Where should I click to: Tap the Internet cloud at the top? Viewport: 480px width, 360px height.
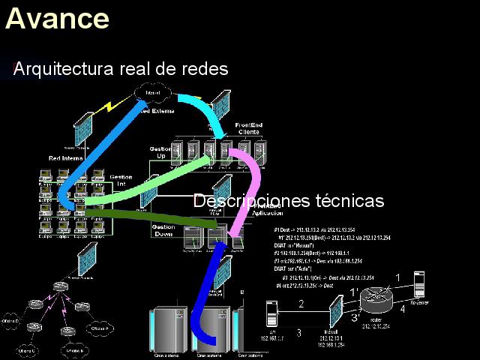(154, 93)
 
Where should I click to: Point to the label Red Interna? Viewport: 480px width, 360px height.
(65, 158)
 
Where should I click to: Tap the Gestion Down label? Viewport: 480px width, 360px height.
(163, 230)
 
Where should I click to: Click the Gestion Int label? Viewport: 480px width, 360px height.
(121, 180)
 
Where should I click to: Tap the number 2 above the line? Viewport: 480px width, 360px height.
(301, 304)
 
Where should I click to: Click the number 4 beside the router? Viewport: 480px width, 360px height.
(403, 308)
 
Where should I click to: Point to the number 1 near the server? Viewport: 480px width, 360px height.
(398, 277)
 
